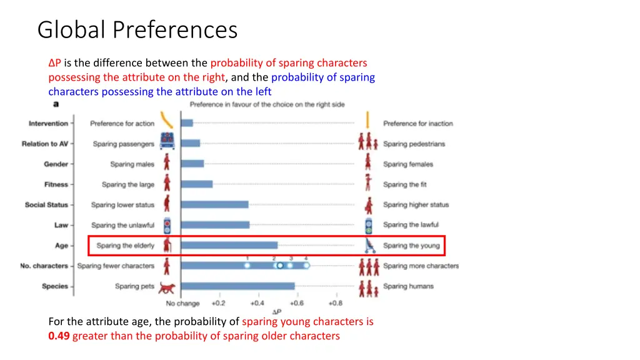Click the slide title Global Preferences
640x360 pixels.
pos(137,29)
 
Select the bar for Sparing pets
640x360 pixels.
pos(237,286)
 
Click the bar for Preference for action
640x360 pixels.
pos(187,123)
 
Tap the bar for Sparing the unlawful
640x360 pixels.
pos(215,225)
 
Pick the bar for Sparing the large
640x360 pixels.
pos(197,184)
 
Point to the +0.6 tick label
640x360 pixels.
pos(296,303)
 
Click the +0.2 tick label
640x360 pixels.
pos(218,303)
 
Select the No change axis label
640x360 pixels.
pos(182,304)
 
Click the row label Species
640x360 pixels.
pos(55,286)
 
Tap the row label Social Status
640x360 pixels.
pos(47,205)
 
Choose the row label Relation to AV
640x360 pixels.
pos(45,144)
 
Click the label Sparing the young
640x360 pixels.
pos(411,246)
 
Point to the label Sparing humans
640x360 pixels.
pos(408,286)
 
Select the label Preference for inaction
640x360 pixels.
pos(418,124)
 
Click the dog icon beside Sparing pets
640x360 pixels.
pos(167,287)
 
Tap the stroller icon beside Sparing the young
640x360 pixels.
pos(369,246)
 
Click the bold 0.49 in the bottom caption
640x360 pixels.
pos(59,336)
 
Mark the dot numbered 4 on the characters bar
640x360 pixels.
pos(306,266)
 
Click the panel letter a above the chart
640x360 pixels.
pos(56,104)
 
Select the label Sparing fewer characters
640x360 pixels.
pos(116,266)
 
